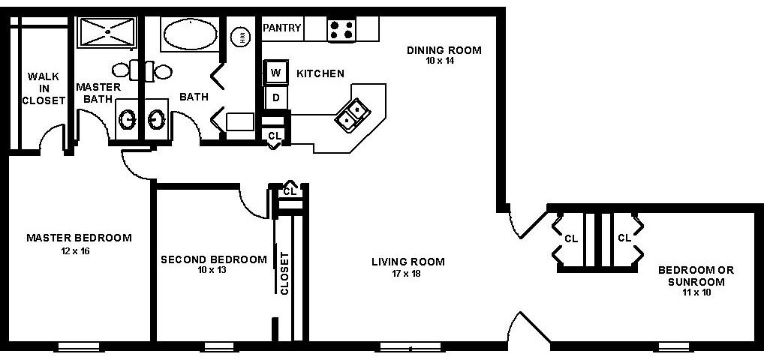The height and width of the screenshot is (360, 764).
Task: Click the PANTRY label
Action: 282,28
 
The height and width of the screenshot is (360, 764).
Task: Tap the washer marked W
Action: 275,73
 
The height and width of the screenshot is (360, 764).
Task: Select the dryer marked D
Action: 275,97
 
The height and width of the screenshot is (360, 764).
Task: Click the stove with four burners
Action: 341,30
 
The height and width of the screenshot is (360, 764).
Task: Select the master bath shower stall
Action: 106,33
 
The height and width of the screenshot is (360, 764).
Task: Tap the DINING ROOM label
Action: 444,50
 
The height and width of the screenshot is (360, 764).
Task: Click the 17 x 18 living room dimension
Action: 408,273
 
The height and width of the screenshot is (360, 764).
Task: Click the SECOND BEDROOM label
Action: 214,259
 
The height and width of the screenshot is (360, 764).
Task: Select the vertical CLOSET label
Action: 285,272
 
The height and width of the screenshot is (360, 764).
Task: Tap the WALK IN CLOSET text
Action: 43,88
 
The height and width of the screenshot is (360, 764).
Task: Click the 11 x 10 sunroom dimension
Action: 695,292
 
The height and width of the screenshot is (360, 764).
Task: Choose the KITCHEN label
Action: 320,73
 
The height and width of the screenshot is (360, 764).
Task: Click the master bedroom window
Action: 78,346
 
